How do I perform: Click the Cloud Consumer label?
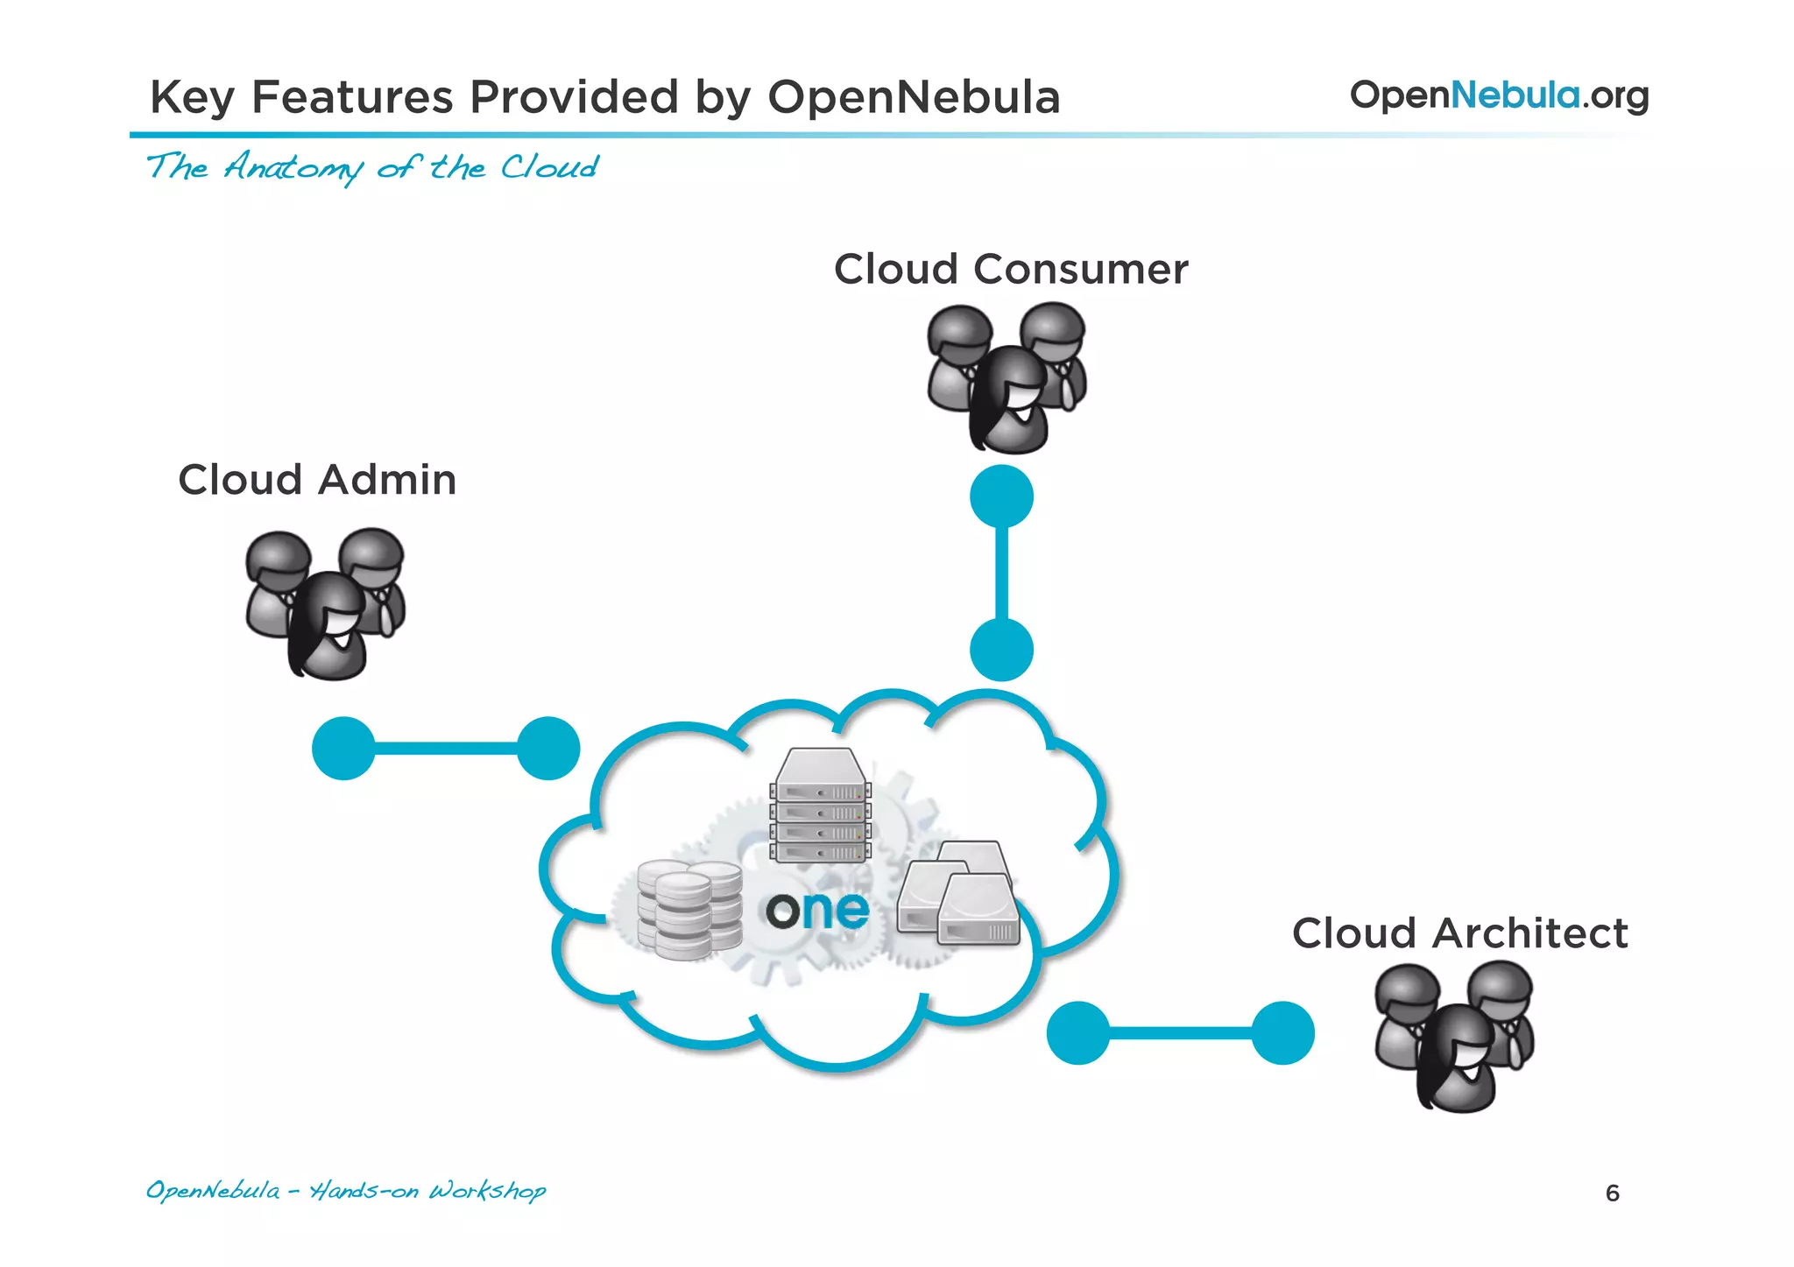tap(1010, 269)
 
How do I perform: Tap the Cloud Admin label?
tap(317, 480)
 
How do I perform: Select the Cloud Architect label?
tap(1459, 933)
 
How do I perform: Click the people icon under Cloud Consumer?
tap(1007, 377)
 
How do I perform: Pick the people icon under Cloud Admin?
tap(325, 603)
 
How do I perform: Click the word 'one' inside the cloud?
tap(817, 911)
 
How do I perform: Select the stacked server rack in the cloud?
tap(821, 806)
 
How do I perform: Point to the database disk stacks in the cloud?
tap(689, 909)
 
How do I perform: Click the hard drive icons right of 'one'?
tap(961, 894)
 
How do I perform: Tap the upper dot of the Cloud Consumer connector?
tap(1001, 496)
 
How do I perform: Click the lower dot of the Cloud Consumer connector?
tap(1001, 650)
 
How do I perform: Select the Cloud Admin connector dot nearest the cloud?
tap(548, 749)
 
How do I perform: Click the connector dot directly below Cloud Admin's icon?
tap(343, 749)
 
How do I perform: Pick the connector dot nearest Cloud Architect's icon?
tap(1282, 1033)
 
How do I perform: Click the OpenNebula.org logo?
tap(1499, 95)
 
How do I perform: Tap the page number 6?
tap(1612, 1193)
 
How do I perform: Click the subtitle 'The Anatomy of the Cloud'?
tap(372, 166)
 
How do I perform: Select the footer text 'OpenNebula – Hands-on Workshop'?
tap(345, 1191)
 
